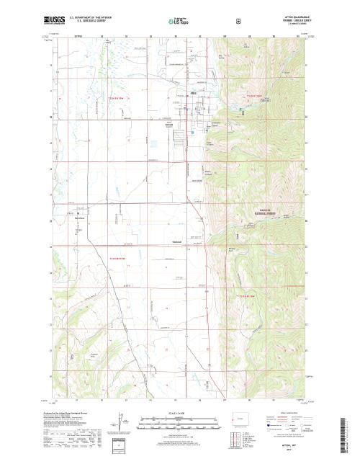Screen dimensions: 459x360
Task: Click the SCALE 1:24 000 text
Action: tap(179, 413)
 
